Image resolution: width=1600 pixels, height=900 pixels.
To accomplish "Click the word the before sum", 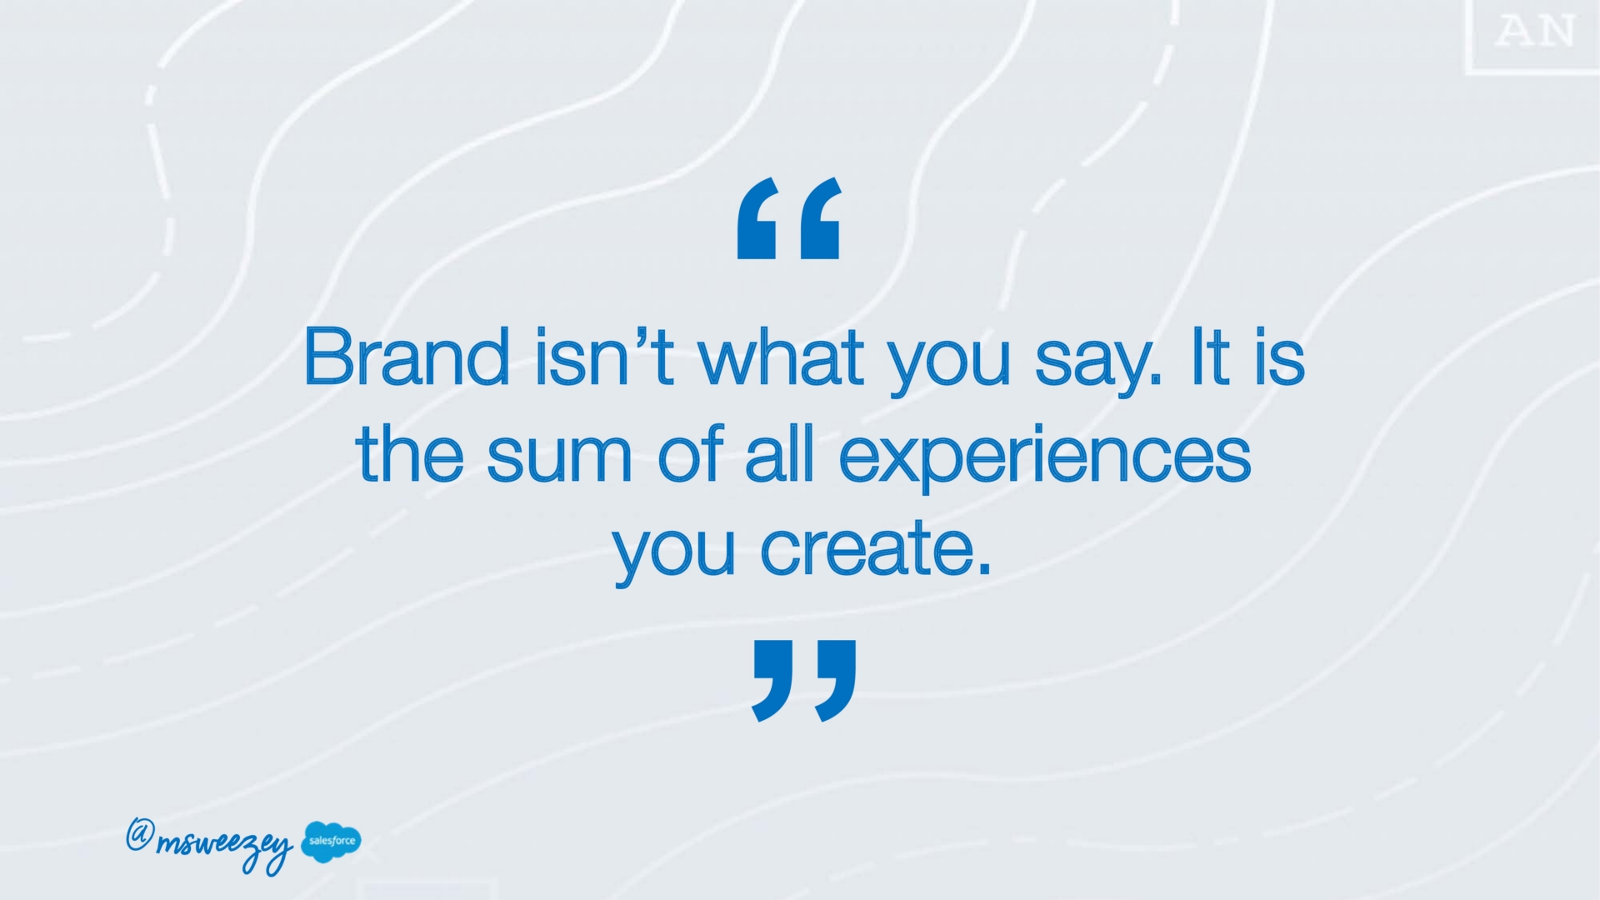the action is (x=409, y=452).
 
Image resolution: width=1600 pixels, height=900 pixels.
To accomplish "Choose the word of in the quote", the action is (x=690, y=452).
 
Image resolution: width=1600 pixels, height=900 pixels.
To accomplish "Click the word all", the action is (x=779, y=452).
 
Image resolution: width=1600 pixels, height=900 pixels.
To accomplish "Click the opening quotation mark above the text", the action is (x=789, y=218).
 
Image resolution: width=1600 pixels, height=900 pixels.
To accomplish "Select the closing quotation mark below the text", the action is (x=804, y=681).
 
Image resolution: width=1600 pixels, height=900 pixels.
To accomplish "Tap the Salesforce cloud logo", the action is (x=332, y=842).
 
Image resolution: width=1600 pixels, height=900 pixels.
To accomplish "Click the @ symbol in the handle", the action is (x=139, y=834).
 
